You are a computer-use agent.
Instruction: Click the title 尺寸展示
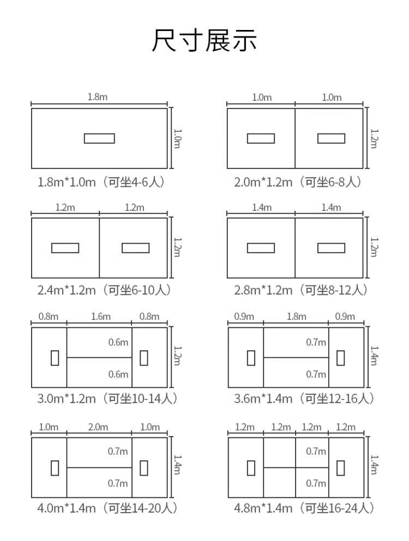click(x=204, y=41)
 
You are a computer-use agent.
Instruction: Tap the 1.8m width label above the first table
click(x=98, y=97)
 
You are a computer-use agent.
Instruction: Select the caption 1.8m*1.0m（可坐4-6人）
click(x=101, y=182)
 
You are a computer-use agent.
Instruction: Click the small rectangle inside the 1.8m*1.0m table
click(x=99, y=138)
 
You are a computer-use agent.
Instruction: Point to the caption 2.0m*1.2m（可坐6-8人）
click(x=298, y=182)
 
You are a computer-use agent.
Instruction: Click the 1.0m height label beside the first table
click(x=177, y=138)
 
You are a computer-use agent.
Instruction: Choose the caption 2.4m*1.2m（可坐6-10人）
click(x=104, y=290)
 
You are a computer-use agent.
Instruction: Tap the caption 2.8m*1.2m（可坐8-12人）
click(x=301, y=290)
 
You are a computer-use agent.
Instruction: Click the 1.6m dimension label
click(x=101, y=317)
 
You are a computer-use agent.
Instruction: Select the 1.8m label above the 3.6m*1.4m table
click(x=296, y=317)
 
